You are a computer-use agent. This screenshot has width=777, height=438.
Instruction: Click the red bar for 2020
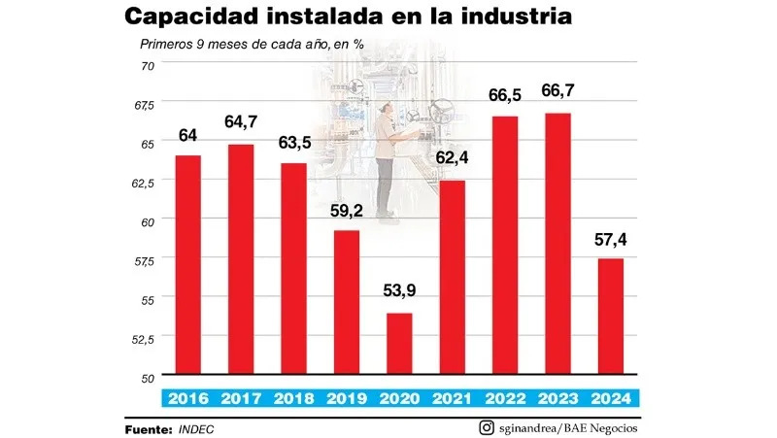(399, 344)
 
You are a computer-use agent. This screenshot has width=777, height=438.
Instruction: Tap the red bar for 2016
(188, 265)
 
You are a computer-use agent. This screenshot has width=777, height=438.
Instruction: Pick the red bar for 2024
(609, 317)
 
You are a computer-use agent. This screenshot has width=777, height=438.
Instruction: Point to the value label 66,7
(557, 97)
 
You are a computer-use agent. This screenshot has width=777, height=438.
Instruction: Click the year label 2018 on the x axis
(293, 397)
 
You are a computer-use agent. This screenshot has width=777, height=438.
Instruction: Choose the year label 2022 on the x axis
(504, 397)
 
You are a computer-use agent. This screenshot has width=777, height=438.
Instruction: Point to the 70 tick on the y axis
(148, 65)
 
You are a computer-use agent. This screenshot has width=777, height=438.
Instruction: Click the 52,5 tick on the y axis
(143, 338)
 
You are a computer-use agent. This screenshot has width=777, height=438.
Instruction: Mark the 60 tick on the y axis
(148, 221)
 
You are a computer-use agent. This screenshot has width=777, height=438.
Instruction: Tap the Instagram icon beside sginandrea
(486, 427)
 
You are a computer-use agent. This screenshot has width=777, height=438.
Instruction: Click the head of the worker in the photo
(388, 110)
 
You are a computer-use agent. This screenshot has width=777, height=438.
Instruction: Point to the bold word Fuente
(149, 428)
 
